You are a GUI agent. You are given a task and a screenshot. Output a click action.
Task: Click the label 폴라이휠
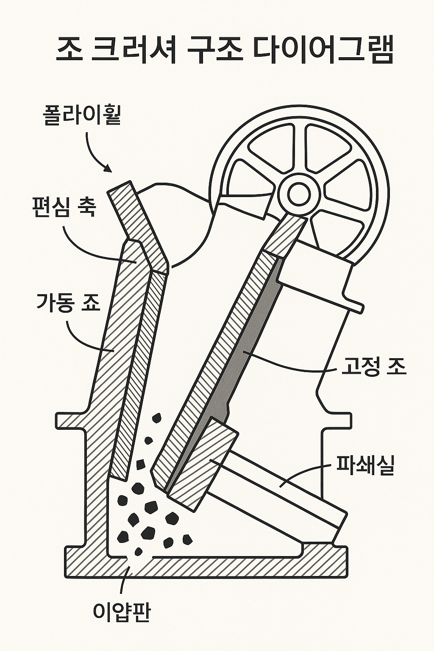(x=82, y=115)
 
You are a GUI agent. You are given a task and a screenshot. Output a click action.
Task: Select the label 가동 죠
(x=68, y=303)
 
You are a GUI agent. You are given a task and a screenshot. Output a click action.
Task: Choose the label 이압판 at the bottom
(x=121, y=612)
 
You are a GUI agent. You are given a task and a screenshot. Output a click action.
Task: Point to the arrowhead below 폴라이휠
(x=108, y=169)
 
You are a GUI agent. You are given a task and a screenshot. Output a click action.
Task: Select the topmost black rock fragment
(x=157, y=419)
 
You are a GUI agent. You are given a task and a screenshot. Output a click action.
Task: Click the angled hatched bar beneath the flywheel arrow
(x=138, y=225)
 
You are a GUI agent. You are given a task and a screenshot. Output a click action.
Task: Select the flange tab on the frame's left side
(x=68, y=420)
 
